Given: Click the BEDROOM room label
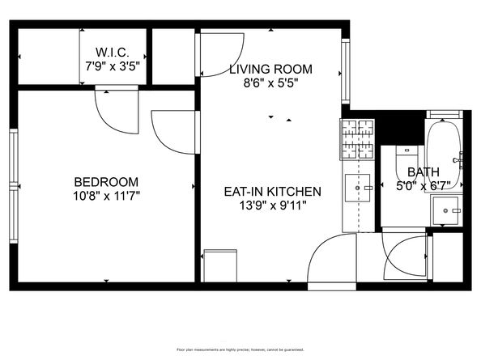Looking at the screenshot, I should (x=105, y=182).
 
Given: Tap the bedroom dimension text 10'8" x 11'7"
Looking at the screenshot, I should (x=105, y=195).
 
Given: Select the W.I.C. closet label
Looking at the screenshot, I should (x=114, y=51).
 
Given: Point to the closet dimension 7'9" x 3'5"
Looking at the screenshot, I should (x=114, y=64).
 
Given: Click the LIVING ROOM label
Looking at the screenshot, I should (x=270, y=70).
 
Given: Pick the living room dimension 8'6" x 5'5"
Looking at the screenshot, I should (x=270, y=82).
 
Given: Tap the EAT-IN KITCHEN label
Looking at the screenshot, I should (x=273, y=192).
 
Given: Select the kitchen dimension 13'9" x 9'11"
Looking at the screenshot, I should (x=273, y=205).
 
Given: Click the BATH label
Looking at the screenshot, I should (x=423, y=172).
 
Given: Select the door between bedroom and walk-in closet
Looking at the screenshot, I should (x=114, y=111).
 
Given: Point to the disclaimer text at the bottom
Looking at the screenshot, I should (x=240, y=349).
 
